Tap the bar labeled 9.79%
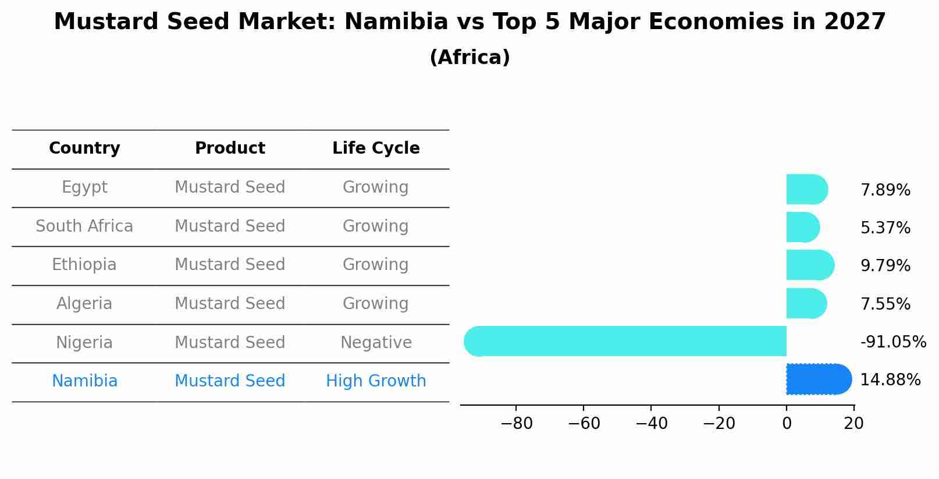809,265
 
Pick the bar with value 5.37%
802,227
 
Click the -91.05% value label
892,342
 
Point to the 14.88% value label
890,380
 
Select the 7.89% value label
885,190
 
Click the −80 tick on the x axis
516,424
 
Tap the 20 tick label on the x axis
853,424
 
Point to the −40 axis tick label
651,424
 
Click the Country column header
84,148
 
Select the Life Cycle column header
376,148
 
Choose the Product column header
230,148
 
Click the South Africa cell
84,226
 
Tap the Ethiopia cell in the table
84,265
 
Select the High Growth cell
376,381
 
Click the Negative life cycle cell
376,342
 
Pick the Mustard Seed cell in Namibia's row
230,381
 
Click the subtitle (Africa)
470,58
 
